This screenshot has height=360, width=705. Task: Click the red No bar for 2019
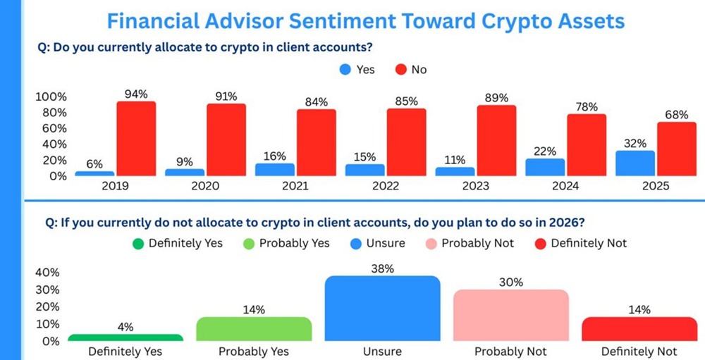(136, 139)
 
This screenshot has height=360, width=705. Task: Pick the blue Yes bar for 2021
(274, 170)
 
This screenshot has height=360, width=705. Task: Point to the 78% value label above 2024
(587, 107)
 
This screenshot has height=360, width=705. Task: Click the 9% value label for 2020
(185, 161)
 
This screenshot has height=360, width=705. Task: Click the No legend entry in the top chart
(411, 69)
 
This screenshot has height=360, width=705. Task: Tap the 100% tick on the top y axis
(51, 97)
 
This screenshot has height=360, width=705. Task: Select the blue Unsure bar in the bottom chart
(381, 309)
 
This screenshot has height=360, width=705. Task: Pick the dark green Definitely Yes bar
(125, 338)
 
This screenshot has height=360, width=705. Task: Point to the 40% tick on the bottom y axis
(48, 273)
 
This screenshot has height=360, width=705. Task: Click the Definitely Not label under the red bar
(639, 351)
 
